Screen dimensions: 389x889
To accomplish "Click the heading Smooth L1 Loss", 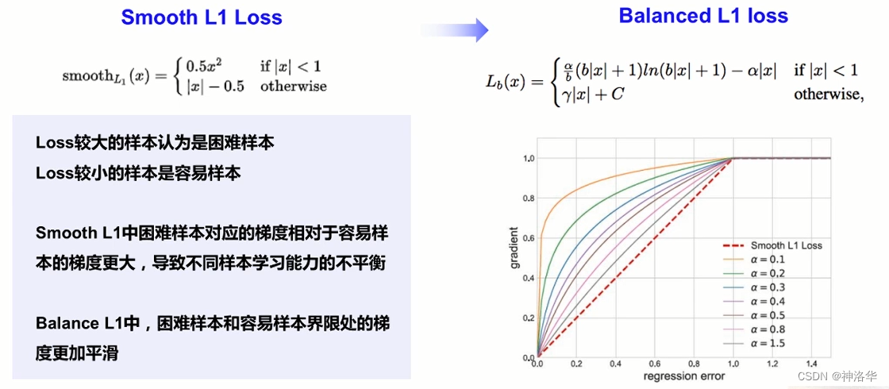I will coord(201,17).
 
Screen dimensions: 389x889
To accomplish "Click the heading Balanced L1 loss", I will coord(703,16).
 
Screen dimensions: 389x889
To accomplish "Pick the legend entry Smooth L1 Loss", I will coord(783,245).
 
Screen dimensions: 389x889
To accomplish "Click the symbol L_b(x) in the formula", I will coord(506,82).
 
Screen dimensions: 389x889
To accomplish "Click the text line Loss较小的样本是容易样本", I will coord(138,173).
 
